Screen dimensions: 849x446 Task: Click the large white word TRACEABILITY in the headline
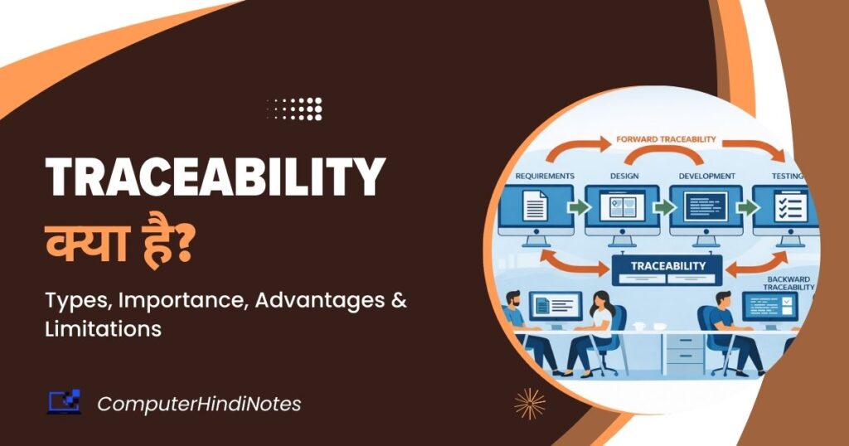216,177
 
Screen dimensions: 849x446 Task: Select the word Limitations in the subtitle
103,328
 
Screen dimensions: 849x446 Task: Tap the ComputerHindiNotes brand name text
199,404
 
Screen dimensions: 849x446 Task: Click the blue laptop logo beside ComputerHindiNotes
64,401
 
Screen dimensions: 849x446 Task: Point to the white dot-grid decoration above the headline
295,109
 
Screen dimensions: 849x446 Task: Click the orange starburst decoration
530,404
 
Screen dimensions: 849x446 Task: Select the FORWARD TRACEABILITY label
666,139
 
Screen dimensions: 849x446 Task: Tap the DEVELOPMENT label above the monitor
706,176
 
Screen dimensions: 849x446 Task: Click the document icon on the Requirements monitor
535,206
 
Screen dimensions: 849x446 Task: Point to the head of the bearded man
514,299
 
